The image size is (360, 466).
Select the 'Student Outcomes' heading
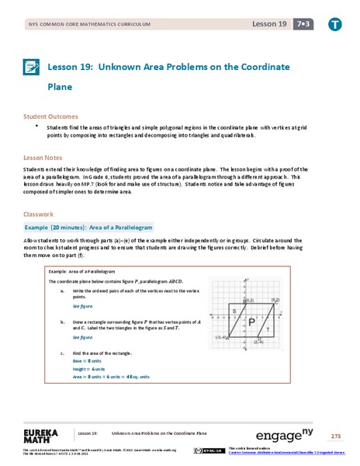tap(48, 116)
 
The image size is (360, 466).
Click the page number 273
tap(335, 435)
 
